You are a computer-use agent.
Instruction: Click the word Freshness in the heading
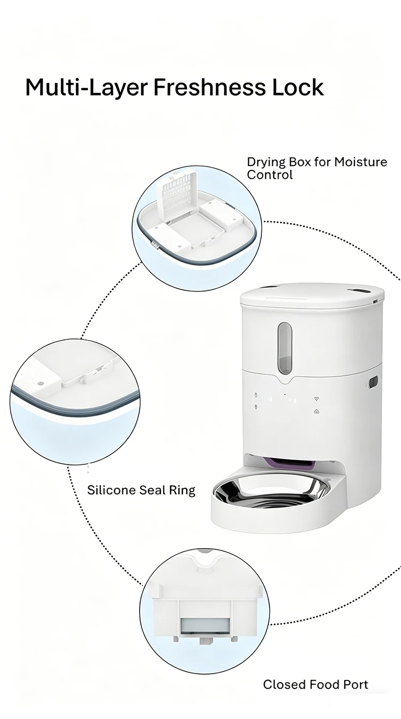(x=211, y=86)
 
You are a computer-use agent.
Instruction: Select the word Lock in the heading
(x=298, y=86)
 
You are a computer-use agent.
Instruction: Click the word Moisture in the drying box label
(x=360, y=162)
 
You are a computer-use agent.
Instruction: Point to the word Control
(x=270, y=175)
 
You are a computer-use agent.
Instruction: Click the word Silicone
(x=111, y=490)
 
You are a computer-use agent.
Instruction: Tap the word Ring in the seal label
(x=183, y=491)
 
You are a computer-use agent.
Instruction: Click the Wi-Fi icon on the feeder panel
(x=317, y=399)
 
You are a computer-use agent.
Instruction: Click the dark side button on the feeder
(x=373, y=383)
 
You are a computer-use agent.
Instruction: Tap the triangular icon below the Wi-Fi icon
(x=317, y=412)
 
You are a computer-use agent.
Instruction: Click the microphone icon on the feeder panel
(x=256, y=407)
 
